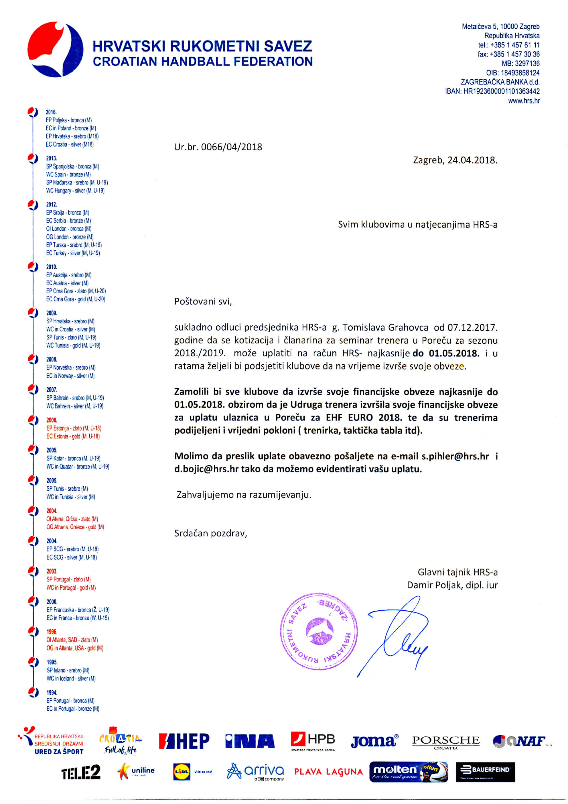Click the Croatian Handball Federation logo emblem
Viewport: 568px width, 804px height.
click(55, 49)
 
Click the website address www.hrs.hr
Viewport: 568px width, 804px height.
click(524, 101)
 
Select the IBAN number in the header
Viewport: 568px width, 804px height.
click(492, 91)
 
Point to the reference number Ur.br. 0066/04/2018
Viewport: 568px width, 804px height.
click(218, 147)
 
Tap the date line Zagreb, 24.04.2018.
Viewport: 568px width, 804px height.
click(455, 160)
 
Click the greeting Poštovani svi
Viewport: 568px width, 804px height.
click(203, 302)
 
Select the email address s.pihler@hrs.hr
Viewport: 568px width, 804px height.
click(455, 456)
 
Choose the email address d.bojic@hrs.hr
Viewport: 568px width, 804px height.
click(206, 469)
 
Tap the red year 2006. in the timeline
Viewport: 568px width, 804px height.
click(52, 420)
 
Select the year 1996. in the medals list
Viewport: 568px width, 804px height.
click(52, 632)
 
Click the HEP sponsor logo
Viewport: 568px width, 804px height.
click(184, 741)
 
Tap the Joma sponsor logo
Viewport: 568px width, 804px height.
click(374, 741)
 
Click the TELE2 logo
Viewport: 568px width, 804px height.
click(81, 772)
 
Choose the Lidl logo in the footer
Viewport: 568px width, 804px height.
click(182, 772)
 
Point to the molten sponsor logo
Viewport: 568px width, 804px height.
click(408, 772)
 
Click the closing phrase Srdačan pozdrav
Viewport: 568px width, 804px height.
click(211, 533)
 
